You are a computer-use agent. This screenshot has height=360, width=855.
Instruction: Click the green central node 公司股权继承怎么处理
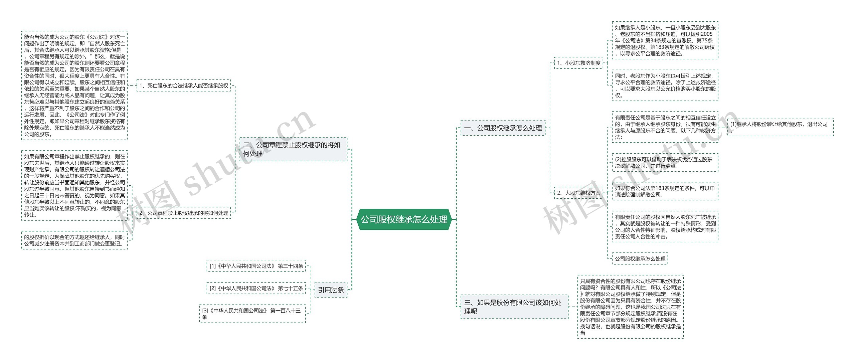pos(404,219)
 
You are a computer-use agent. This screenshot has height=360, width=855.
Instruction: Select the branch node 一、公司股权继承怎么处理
pos(503,128)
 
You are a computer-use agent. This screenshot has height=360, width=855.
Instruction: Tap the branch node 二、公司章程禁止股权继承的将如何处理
pos(293,149)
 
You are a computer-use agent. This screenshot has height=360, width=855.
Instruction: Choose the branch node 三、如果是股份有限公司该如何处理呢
pos(514,307)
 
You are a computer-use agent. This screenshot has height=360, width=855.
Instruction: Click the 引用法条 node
pos(331,290)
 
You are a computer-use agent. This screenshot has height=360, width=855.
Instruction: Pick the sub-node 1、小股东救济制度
pos(578,63)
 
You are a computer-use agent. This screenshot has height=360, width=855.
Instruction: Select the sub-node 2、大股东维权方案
pos(578,193)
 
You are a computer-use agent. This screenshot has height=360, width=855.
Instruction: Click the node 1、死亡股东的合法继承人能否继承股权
pos(184,85)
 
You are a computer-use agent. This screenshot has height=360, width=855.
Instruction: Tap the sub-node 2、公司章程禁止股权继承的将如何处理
pos(184,213)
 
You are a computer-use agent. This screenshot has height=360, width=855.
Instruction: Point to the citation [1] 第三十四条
pos(256,266)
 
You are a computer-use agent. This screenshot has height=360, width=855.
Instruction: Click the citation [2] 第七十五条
pos(256,288)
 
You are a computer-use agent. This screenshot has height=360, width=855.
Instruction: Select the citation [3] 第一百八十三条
pos(252,314)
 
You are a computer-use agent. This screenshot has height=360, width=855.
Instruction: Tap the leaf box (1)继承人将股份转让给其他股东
pos(780,127)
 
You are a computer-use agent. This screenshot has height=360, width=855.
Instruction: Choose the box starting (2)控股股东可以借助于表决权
pos(665,162)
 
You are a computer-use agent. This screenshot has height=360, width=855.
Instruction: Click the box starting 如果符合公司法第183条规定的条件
pos(665,191)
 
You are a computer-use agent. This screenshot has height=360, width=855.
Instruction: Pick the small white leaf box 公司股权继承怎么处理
pos(640,258)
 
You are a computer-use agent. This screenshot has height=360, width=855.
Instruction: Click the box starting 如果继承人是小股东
pos(665,40)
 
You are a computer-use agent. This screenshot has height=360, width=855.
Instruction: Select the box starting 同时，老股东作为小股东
pos(665,85)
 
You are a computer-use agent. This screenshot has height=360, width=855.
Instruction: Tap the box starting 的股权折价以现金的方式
pos(74,240)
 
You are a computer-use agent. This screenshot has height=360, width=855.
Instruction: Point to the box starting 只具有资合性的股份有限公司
pos(630,307)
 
